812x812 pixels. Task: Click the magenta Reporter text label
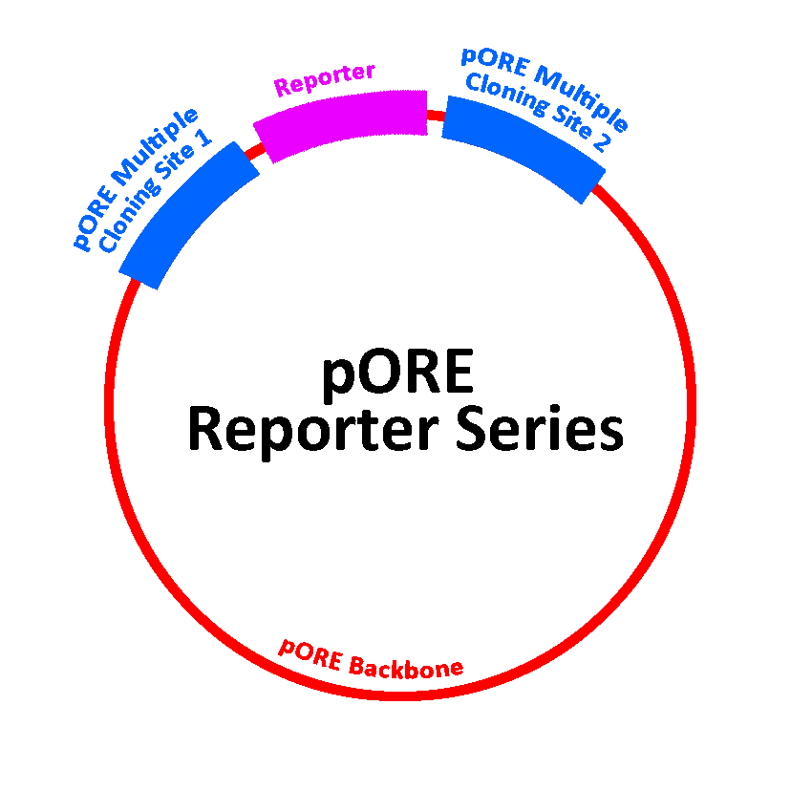point(325,80)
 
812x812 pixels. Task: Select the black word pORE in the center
point(397,374)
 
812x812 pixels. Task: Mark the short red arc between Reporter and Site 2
point(435,117)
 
